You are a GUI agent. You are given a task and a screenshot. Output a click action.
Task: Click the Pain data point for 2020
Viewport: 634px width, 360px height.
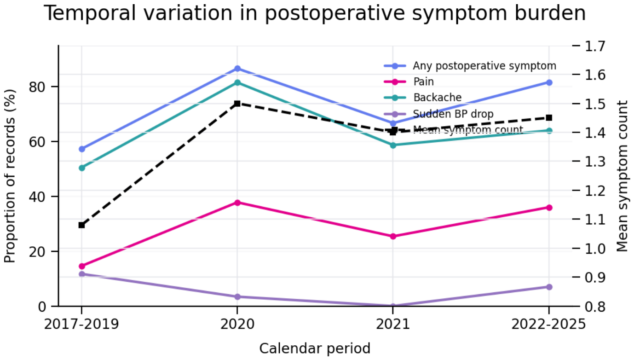click(237, 203)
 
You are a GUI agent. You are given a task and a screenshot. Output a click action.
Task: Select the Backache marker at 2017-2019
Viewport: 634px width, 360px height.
click(82, 168)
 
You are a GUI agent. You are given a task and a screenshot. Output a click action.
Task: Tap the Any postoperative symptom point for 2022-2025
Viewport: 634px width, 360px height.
click(549, 82)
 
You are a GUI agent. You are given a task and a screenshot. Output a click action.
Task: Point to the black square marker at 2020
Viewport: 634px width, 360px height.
click(237, 104)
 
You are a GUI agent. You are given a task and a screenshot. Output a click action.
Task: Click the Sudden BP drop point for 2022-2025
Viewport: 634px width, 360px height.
click(549, 287)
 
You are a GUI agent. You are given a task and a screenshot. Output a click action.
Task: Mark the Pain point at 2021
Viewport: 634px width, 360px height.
click(393, 236)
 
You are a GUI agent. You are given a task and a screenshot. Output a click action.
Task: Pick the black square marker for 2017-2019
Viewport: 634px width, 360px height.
click(82, 225)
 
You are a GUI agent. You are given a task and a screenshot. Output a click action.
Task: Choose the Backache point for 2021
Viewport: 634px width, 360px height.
click(393, 145)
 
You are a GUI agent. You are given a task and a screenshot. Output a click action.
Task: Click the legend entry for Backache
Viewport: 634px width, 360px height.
click(423, 98)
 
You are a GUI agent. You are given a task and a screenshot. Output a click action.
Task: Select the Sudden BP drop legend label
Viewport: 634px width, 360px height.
click(453, 114)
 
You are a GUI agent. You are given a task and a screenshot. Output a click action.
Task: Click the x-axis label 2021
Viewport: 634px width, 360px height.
click(393, 324)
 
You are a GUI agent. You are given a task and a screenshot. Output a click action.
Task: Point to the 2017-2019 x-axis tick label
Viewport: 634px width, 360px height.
click(81, 324)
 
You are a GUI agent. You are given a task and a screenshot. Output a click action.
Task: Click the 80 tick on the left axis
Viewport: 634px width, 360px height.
click(37, 87)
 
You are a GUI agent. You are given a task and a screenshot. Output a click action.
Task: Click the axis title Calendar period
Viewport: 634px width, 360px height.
click(315, 348)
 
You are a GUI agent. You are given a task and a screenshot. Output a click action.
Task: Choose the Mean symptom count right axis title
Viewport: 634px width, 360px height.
click(622, 176)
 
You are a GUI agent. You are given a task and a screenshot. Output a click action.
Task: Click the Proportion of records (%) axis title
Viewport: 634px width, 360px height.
click(10, 176)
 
